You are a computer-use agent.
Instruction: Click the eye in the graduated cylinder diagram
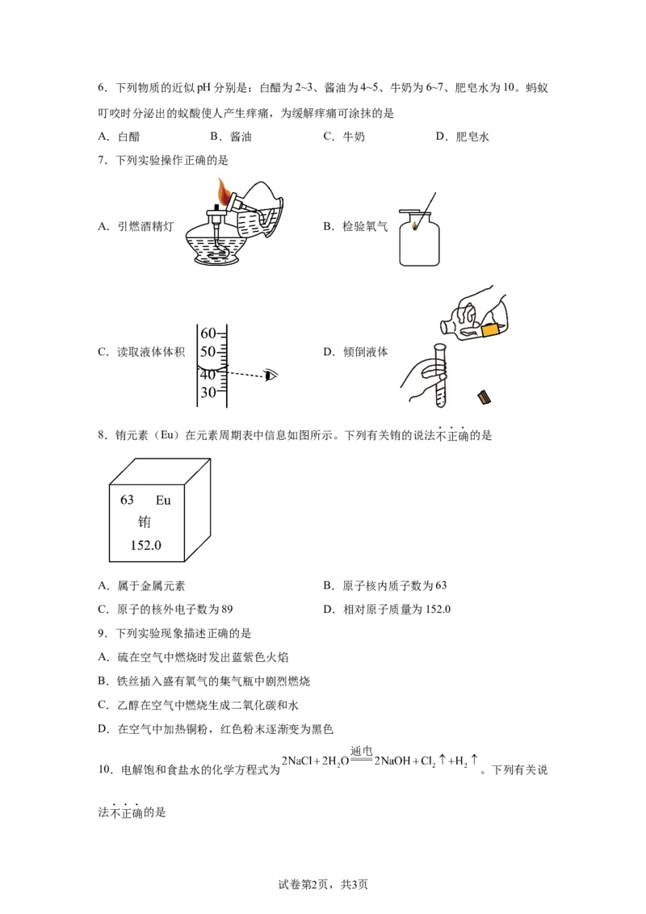[271, 375]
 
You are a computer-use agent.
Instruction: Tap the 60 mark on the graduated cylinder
[208, 333]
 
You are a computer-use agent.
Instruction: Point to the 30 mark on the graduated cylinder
[208, 393]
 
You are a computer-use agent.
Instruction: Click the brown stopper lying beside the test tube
[484, 397]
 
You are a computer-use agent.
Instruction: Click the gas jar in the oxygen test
[419, 238]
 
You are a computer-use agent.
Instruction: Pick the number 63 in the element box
[127, 500]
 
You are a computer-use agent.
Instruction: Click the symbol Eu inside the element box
[163, 500]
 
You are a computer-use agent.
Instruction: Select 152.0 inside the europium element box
[146, 545]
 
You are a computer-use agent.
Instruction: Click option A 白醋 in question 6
[119, 136]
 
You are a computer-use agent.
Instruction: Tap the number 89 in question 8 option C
[226, 609]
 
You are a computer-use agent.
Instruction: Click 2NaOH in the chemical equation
[392, 761]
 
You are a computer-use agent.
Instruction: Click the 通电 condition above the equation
[362, 751]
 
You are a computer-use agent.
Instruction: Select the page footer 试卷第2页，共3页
[323, 885]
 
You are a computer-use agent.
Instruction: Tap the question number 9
[102, 633]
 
